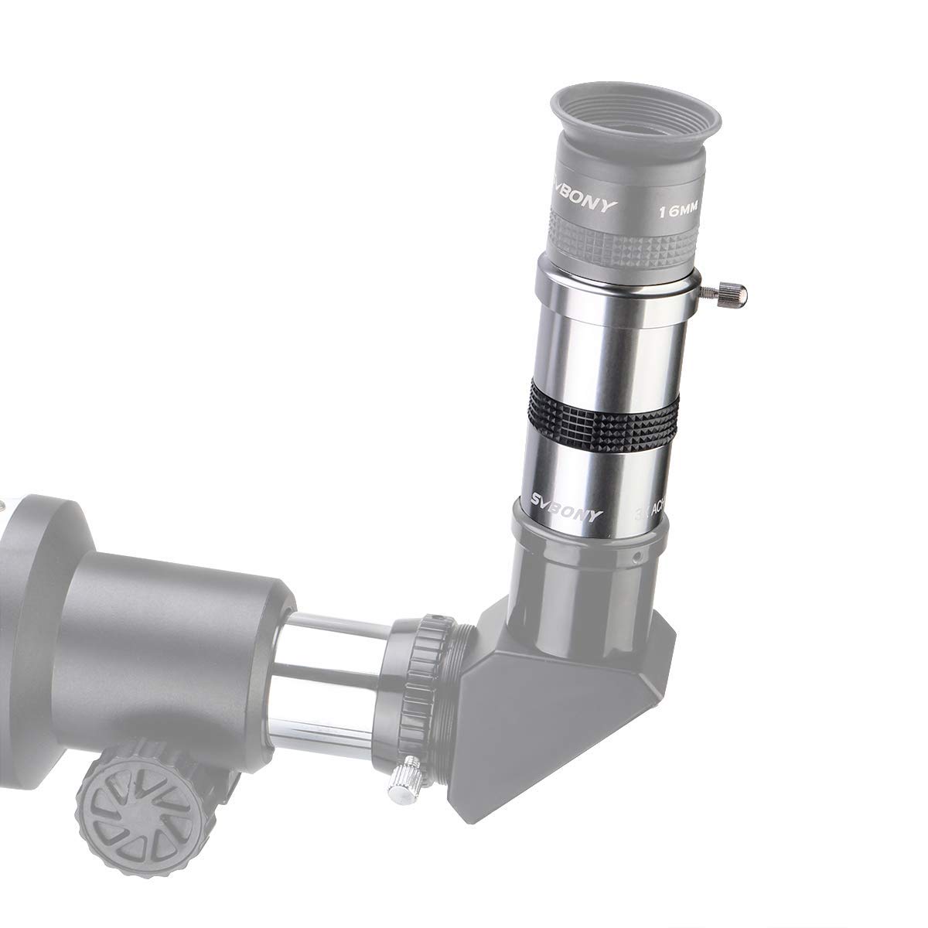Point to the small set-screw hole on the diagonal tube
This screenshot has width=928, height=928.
[635, 556]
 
